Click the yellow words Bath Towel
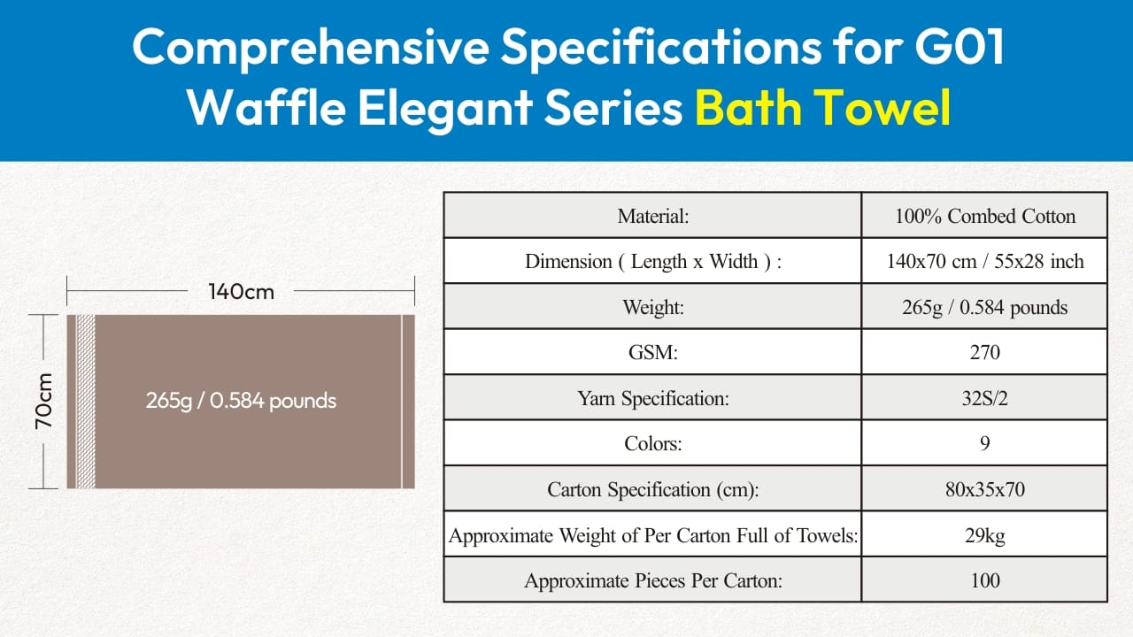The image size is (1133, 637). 823,107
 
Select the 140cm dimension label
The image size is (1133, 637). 242,292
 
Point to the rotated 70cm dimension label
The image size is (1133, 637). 44,402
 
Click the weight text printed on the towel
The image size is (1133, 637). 241,401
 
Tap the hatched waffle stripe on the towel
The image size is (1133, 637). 86,402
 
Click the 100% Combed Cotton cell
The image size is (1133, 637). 985,216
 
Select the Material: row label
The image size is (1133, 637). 653,216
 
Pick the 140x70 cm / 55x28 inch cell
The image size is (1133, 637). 985,261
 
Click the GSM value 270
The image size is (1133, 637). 985,352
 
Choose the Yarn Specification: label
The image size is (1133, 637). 653,398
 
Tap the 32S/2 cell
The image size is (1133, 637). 985,398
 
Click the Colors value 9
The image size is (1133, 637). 985,443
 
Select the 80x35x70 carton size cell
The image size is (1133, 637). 985,489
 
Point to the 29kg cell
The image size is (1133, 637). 985,535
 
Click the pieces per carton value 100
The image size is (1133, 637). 985,580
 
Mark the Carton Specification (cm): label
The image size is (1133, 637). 653,489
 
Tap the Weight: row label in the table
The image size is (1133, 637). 653,307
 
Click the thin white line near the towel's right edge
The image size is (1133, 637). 402,402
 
